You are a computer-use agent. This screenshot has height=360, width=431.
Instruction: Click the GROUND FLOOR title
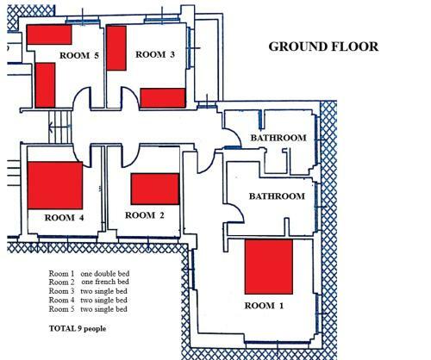323,47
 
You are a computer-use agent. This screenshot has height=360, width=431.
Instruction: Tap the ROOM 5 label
79,55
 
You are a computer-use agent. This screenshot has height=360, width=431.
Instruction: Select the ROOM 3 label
155,54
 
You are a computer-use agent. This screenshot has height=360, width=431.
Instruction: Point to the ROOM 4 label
64,218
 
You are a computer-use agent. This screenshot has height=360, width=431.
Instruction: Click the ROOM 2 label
145,215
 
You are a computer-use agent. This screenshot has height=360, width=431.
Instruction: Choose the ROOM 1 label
264,306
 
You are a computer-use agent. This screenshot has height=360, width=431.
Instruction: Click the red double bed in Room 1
269,267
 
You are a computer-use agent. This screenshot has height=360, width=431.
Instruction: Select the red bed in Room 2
155,189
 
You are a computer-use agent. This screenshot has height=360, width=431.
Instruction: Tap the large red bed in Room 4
55,185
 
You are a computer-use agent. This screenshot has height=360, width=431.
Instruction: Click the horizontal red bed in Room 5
49,34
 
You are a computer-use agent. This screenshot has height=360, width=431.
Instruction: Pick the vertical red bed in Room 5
45,85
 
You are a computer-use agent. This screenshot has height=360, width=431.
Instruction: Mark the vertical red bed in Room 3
116,48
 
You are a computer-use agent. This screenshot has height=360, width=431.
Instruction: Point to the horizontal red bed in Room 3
163,98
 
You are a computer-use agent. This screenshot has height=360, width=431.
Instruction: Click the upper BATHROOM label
278,138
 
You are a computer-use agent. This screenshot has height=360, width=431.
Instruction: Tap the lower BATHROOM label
277,196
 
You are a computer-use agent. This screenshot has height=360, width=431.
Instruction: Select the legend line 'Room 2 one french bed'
89,282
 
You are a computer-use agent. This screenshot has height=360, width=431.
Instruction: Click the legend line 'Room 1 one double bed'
89,274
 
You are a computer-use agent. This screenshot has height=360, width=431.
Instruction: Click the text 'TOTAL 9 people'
78,328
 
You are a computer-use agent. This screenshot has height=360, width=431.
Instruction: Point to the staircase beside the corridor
60,127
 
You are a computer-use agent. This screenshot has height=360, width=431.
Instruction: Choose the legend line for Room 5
88,309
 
